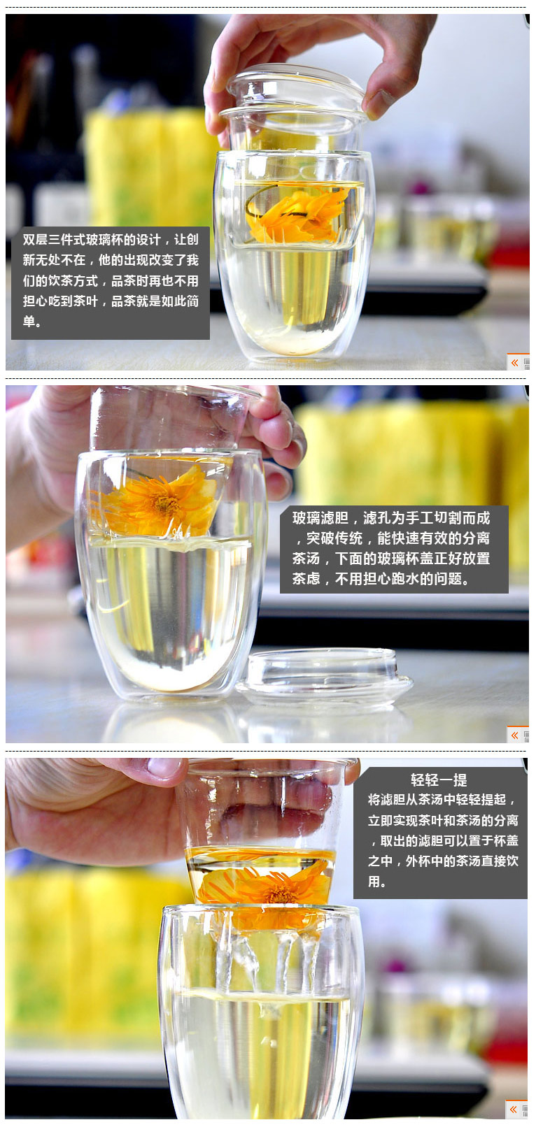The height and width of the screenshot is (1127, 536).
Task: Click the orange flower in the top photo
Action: tap(298, 215)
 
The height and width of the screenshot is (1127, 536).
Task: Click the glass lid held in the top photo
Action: tap(294, 91)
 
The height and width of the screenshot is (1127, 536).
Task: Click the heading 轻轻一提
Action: tap(439, 780)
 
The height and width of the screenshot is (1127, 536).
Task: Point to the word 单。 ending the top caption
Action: tap(31, 322)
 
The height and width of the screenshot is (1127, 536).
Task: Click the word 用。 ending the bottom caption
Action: tap(376, 882)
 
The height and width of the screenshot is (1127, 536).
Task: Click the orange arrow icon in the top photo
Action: tap(514, 363)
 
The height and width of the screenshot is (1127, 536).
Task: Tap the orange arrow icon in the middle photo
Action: tap(514, 735)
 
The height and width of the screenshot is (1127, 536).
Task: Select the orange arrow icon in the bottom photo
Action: tap(514, 1109)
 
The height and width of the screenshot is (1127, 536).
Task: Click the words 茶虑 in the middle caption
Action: tap(306, 579)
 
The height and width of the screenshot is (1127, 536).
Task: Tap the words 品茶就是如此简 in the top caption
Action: tap(155, 301)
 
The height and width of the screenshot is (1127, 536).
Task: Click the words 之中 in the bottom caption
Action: tap(381, 861)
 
